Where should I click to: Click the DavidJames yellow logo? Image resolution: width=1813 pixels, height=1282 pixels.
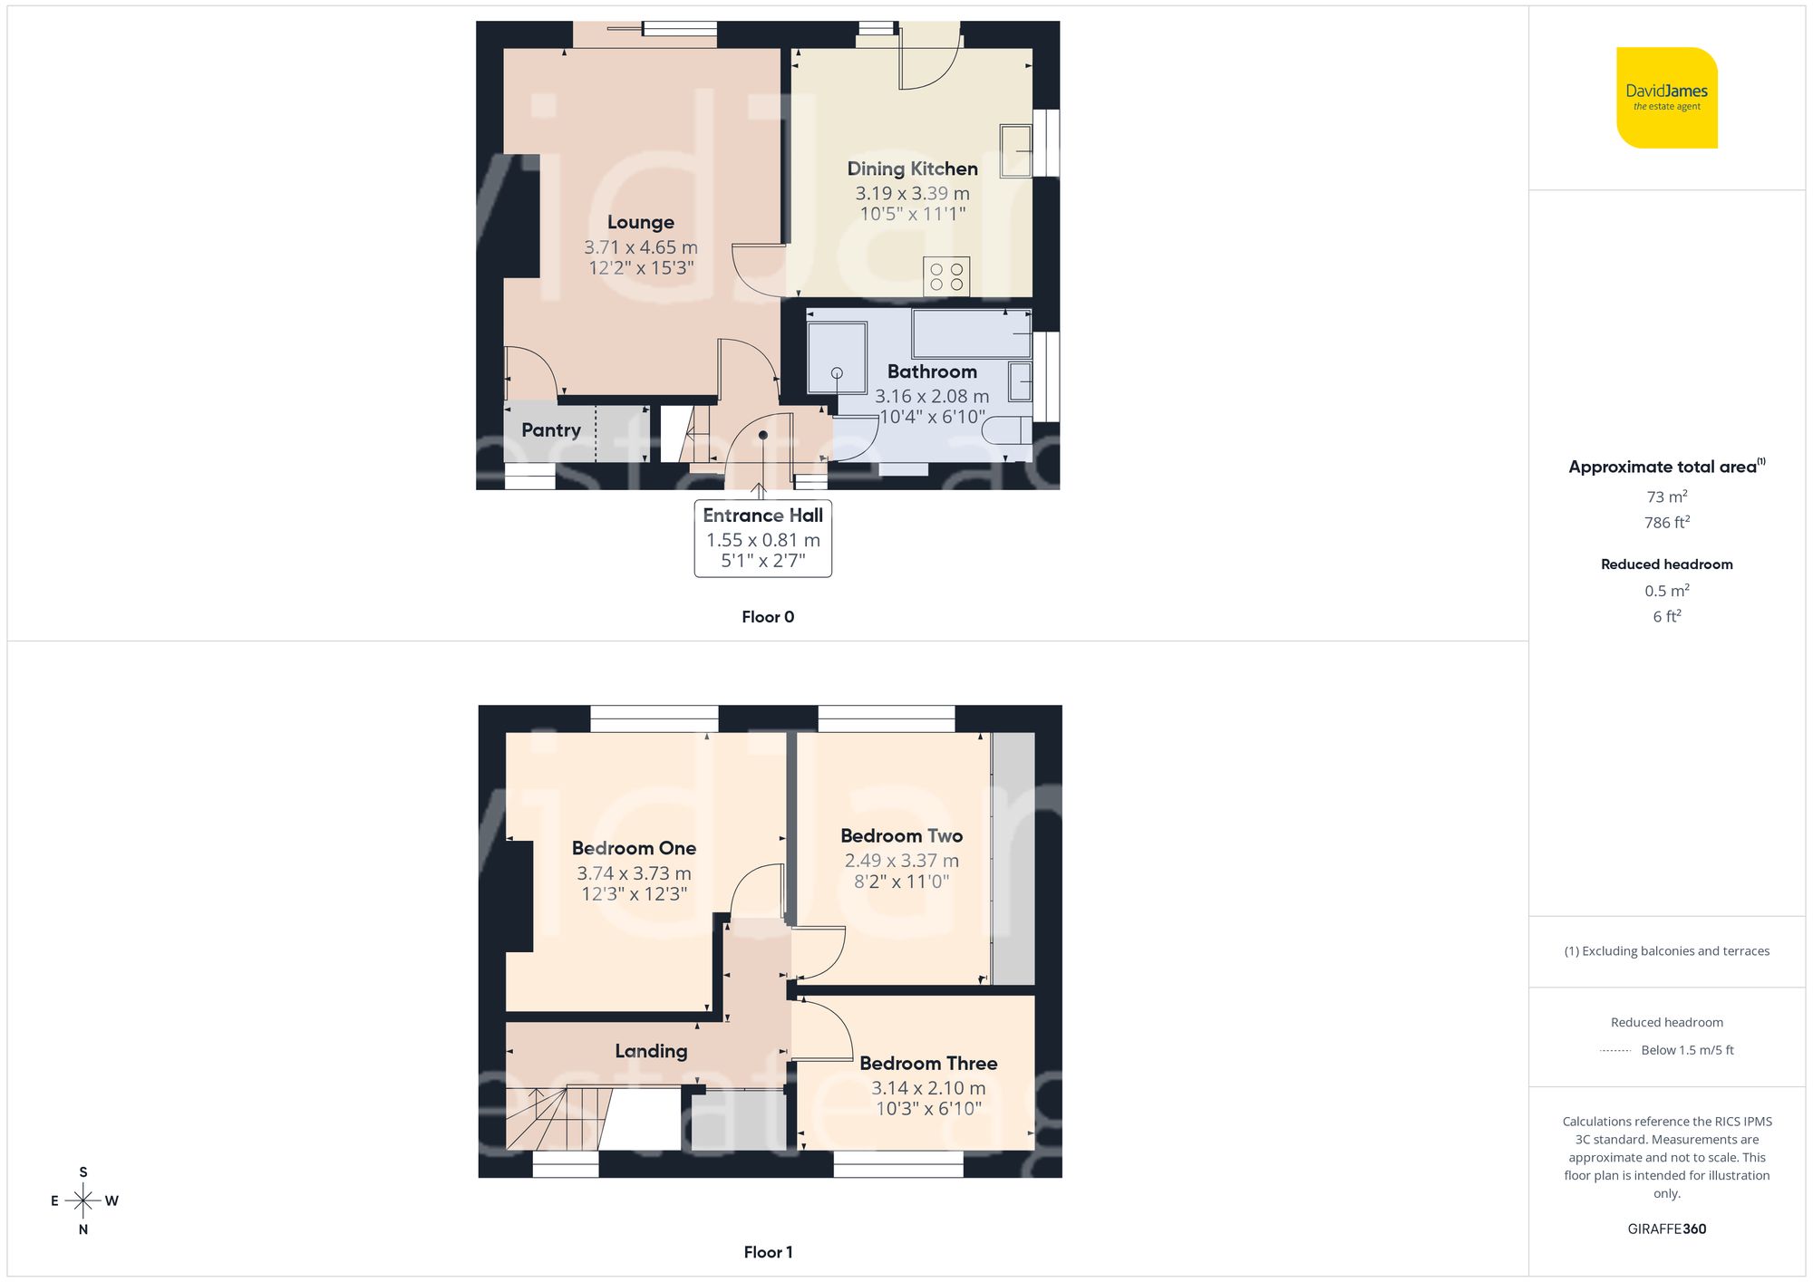(x=1666, y=98)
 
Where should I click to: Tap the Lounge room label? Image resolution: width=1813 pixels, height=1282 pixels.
(x=640, y=222)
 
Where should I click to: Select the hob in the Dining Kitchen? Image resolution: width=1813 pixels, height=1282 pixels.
(x=946, y=276)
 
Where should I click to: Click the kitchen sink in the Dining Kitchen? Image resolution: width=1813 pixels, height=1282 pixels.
(x=1016, y=150)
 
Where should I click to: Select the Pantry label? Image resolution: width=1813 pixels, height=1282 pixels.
(x=550, y=430)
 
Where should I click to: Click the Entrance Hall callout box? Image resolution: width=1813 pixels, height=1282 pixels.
(x=762, y=538)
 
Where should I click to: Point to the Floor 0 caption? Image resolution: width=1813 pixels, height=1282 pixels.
(x=767, y=617)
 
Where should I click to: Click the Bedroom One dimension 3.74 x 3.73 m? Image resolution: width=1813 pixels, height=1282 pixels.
(x=634, y=873)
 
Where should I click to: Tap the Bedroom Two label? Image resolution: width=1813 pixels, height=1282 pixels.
(x=901, y=836)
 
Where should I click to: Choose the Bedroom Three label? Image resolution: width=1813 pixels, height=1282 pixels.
(x=928, y=1064)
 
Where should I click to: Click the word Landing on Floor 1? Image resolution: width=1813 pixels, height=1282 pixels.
(x=651, y=1051)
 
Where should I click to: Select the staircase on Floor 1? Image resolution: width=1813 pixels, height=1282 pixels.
(x=557, y=1119)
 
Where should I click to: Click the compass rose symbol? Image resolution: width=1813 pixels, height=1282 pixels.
(x=83, y=1201)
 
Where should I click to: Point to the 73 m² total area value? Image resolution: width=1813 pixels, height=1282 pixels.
(x=1666, y=496)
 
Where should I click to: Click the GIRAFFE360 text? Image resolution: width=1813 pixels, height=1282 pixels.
(x=1666, y=1229)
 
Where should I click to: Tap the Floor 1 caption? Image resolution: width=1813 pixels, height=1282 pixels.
(x=767, y=1252)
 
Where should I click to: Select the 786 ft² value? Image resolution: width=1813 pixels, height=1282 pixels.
(x=1666, y=523)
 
